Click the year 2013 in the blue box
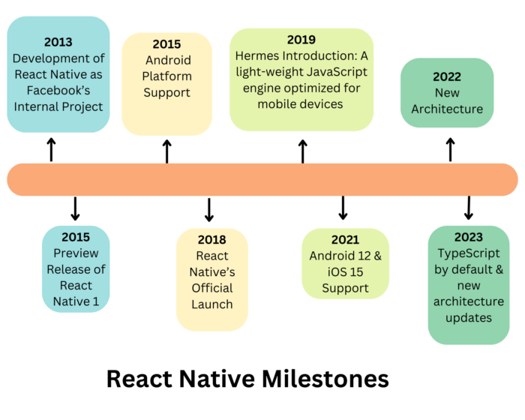pos(58,42)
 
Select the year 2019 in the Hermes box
pos(301,40)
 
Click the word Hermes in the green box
pos(264,55)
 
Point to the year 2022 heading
pos(447,76)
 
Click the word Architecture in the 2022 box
pos(447,109)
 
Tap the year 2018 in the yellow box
pos(212,240)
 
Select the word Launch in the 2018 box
pos(212,304)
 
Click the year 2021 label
pos(346,240)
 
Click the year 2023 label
pos(469,237)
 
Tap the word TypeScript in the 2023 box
pos(469,253)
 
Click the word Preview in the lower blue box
pos(76,253)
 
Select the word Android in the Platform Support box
pos(167,60)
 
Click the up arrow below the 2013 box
pos(51,149)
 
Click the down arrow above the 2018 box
pos(209,209)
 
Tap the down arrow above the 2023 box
pos(469,208)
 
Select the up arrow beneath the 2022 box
pos(450,148)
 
